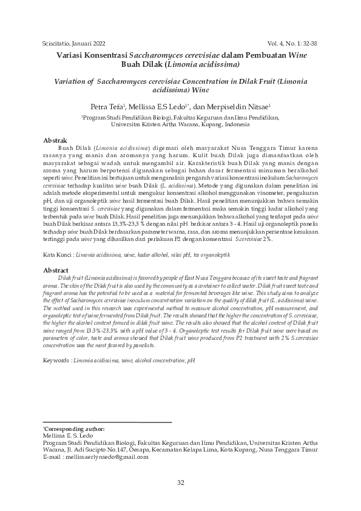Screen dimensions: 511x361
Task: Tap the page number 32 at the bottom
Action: tap(180, 482)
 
